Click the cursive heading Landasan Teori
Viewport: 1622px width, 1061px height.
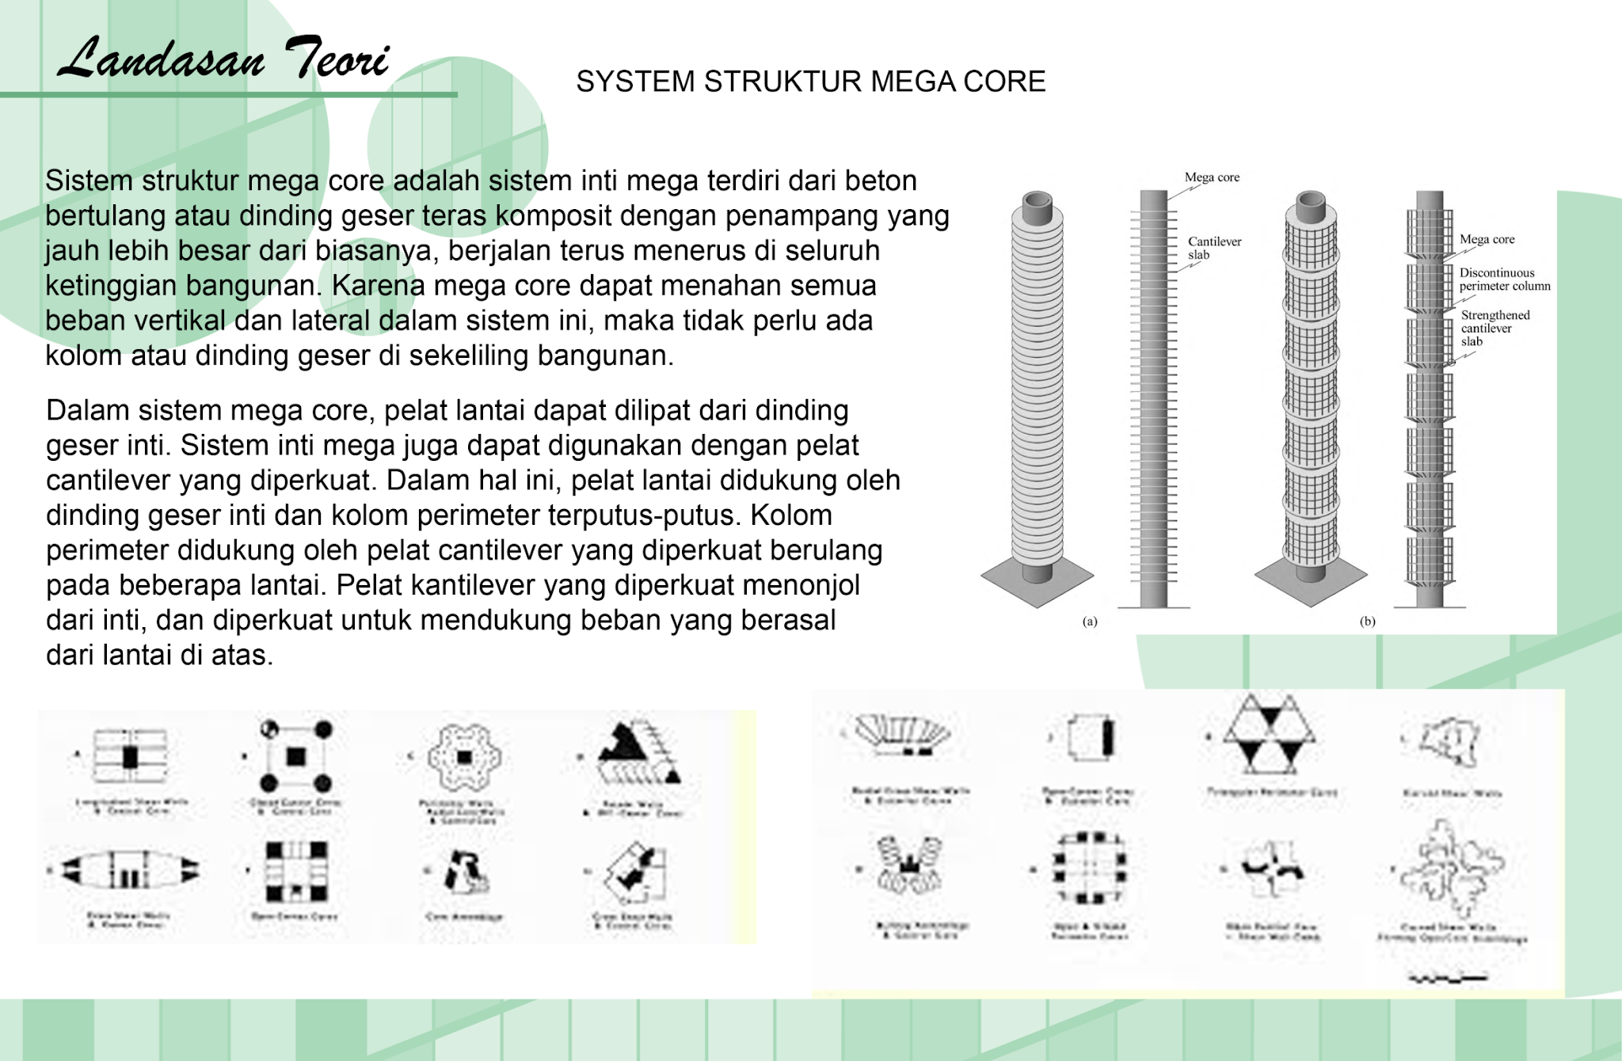tap(224, 59)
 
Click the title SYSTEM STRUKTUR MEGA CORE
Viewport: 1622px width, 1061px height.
tap(810, 82)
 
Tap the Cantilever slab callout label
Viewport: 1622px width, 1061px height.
tap(1213, 248)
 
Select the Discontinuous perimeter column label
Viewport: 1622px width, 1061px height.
tap(1504, 280)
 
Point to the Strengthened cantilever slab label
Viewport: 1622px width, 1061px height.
tap(1494, 328)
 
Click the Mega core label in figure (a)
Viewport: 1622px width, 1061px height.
tap(1212, 177)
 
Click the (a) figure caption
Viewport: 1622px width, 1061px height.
tap(1090, 622)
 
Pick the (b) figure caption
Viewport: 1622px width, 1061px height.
tap(1367, 622)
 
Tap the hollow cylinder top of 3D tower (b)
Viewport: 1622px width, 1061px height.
tap(1311, 205)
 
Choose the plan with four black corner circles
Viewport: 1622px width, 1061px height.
tap(295, 756)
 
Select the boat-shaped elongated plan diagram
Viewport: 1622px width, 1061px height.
tap(131, 869)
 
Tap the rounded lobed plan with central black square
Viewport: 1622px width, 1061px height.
tap(464, 757)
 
